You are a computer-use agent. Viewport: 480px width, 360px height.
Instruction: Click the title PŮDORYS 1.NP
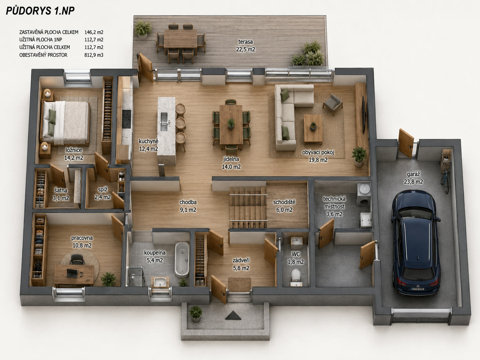pos(40,11)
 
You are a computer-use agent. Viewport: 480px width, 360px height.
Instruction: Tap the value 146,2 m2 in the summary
pos(94,32)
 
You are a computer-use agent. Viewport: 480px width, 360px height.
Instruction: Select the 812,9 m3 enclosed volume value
pos(94,55)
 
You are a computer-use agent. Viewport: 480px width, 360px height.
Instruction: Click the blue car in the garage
pos(415,243)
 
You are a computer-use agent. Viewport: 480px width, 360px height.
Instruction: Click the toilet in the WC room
pos(296,277)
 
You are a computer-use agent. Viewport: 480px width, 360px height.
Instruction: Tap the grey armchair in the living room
pos(332,104)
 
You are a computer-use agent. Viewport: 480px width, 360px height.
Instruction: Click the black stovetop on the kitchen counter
pos(127,119)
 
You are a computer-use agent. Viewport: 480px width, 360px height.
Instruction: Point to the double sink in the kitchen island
pos(164,122)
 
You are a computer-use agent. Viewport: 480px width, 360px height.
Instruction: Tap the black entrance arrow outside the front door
pos(233,315)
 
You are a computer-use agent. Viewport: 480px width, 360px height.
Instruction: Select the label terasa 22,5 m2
pos(246,45)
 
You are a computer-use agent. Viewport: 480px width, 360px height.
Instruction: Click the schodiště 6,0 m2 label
pos(284,206)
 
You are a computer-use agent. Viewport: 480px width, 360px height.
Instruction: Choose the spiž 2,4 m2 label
pos(102,193)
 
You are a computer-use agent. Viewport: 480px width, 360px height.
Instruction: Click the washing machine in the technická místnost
pos(363,199)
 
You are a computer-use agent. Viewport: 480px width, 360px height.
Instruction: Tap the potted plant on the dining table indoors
pos(231,124)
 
